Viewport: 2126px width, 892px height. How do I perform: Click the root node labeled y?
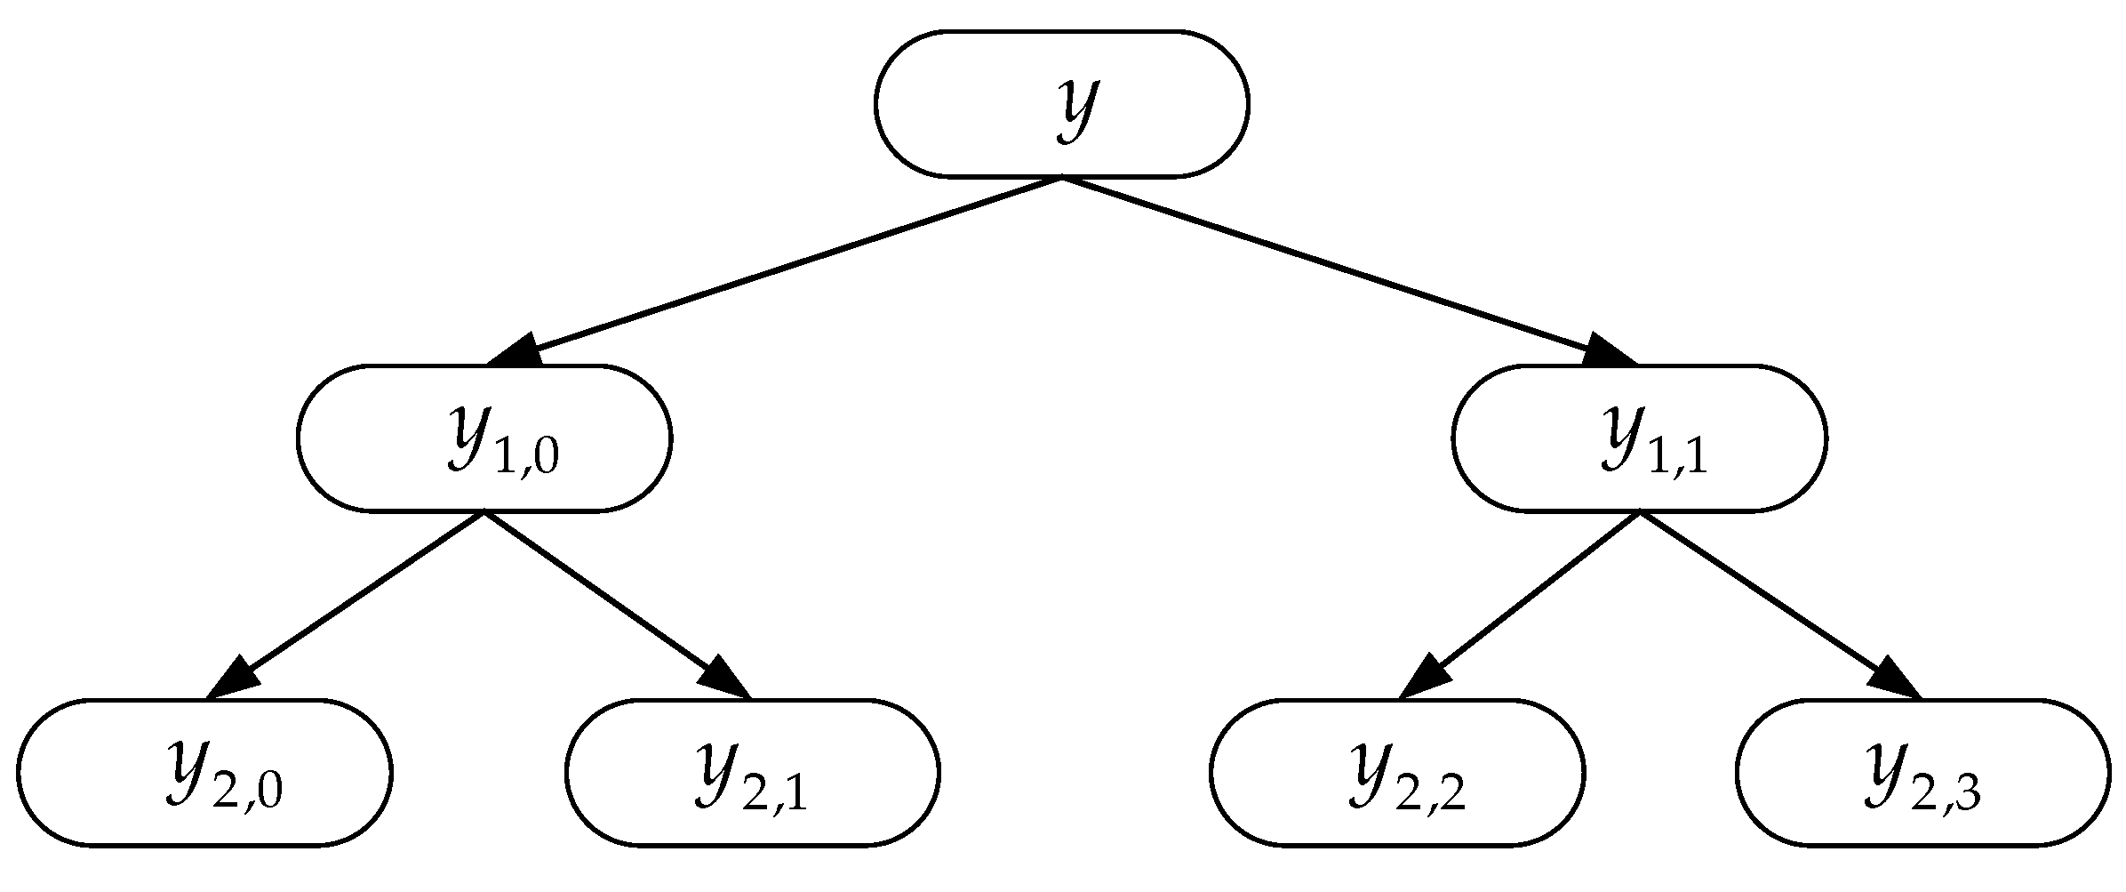coord(1061,104)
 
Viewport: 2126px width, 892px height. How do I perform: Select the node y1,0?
coord(484,438)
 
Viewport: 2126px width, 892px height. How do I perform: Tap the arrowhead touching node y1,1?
coord(1605,352)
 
